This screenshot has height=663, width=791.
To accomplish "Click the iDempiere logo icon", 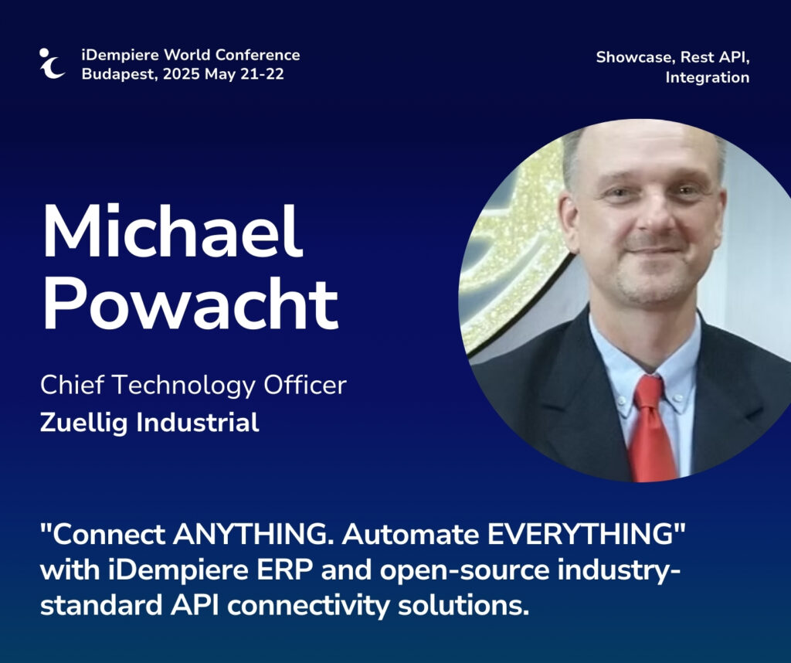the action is (52, 63).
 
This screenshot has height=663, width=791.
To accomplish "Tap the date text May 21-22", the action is (244, 74).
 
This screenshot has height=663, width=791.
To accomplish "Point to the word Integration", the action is (708, 78).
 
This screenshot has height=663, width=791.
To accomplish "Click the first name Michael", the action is (173, 231).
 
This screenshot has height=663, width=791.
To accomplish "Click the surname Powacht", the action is (190, 305).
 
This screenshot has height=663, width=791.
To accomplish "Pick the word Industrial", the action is (198, 423).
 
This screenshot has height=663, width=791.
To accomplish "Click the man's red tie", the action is (654, 429).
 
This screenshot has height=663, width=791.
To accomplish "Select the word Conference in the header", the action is (258, 55).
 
